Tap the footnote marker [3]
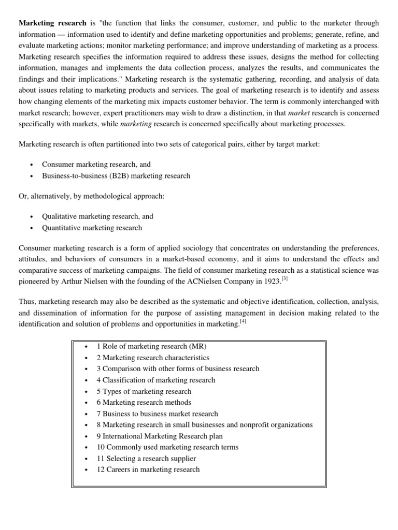pyautogui.click(x=284, y=279)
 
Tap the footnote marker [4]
pyautogui.click(x=243, y=321)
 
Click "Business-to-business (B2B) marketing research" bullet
pyautogui.click(x=116, y=175)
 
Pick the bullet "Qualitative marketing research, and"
pyautogui.click(x=97, y=216)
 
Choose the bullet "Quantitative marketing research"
pyautogui.click(x=92, y=228)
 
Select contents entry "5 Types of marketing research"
pyautogui.click(x=144, y=391)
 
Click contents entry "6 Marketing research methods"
pyautogui.click(x=144, y=402)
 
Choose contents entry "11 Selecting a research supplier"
pyautogui.click(x=146, y=458)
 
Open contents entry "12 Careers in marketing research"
pyautogui.click(x=148, y=469)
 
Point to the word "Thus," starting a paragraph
pyautogui.click(x=27, y=301)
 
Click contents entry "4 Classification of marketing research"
pyautogui.click(x=155, y=380)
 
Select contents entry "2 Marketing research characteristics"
pyautogui.click(x=153, y=358)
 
